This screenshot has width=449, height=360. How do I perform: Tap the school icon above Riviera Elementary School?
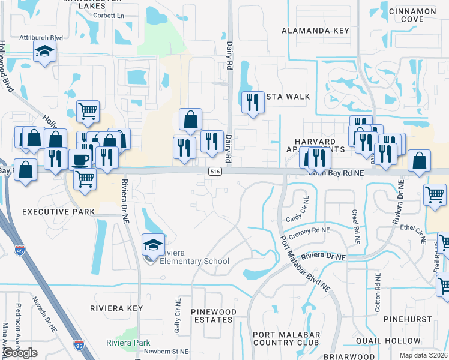(x=153, y=245)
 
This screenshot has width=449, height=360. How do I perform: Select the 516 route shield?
(x=214, y=172)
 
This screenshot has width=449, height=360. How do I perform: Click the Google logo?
(x=20, y=353)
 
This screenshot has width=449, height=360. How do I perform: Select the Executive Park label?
(x=58, y=212)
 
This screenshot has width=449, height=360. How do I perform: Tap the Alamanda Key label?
(x=315, y=31)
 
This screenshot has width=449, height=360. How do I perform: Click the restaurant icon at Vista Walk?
(x=253, y=102)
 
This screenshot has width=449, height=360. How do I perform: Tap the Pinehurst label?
(x=409, y=321)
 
